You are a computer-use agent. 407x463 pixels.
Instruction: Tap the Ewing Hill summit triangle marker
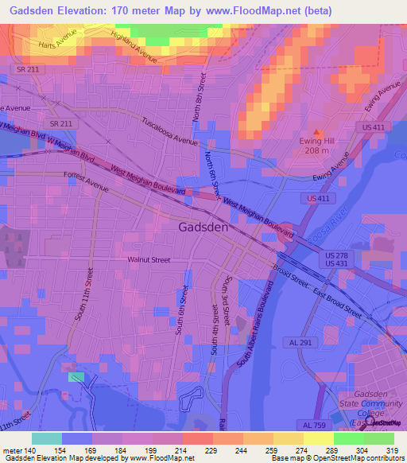point(319,131)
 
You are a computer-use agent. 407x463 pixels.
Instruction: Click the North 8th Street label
point(199,98)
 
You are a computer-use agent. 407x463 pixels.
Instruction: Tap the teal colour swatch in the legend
point(47,438)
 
